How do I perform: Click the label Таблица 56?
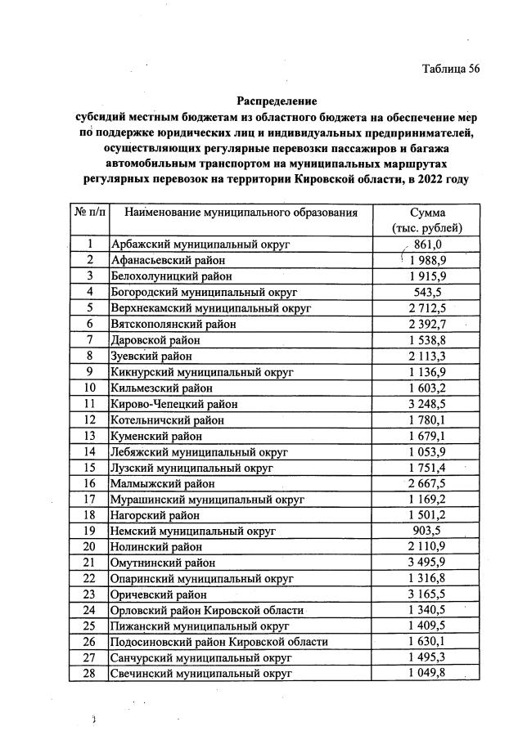pos(450,68)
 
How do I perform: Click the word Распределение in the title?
pos(277,101)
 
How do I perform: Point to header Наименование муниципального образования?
pos(241,213)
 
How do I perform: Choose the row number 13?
pos(90,435)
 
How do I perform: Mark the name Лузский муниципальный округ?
pos(191,467)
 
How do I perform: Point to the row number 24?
pos(90,610)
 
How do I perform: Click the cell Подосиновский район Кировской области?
pos(219,642)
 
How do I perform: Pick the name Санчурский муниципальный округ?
pos(201,658)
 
